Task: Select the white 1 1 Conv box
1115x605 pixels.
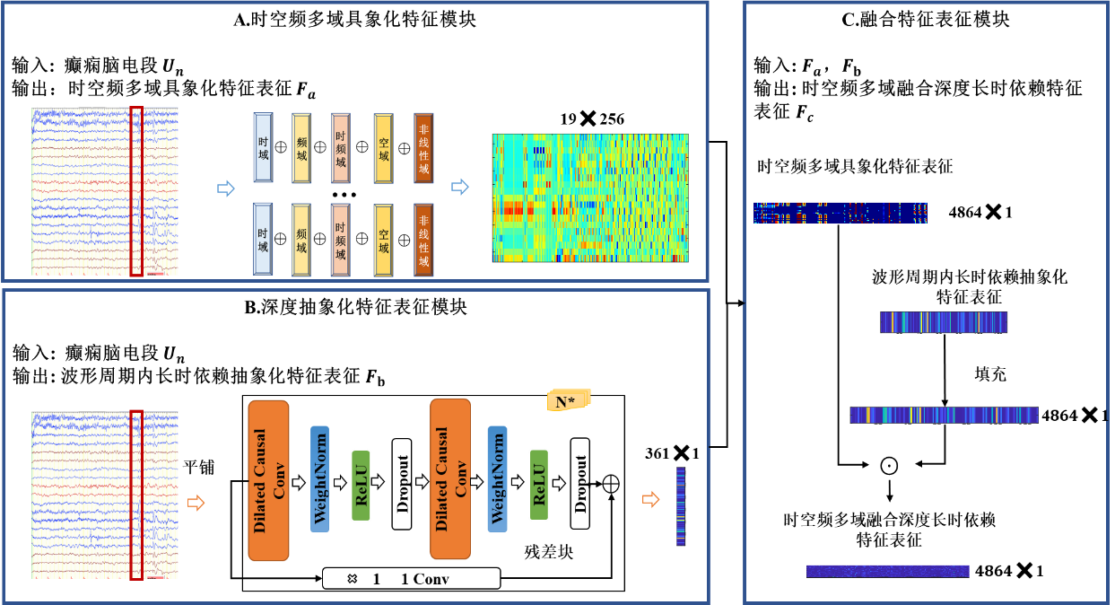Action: tap(411, 579)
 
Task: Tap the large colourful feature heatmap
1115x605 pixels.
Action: tap(590, 197)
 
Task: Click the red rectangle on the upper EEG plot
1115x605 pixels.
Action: tap(136, 190)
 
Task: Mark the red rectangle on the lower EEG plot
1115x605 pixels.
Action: tap(136, 495)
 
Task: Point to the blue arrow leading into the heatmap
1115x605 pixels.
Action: tap(459, 187)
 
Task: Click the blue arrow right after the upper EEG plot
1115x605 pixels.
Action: tap(226, 188)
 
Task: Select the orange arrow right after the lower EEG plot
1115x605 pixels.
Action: tap(196, 503)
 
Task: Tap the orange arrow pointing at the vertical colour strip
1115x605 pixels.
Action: tap(651, 499)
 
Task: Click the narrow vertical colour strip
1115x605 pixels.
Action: tap(681, 506)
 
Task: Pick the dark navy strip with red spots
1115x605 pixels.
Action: tap(840, 213)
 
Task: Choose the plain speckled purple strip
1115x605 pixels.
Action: tap(887, 571)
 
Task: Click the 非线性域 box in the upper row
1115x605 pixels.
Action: tap(423, 148)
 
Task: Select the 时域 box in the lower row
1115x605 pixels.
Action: tap(263, 239)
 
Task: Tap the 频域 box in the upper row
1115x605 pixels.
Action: tap(301, 148)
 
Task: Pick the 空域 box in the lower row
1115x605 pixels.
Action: tap(383, 240)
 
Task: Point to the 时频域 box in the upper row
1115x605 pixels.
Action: tap(340, 148)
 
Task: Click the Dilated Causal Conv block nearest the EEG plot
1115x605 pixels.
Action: tap(268, 480)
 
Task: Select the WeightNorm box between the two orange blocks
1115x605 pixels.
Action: tap(319, 479)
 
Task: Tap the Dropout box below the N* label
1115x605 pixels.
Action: tap(580, 483)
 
